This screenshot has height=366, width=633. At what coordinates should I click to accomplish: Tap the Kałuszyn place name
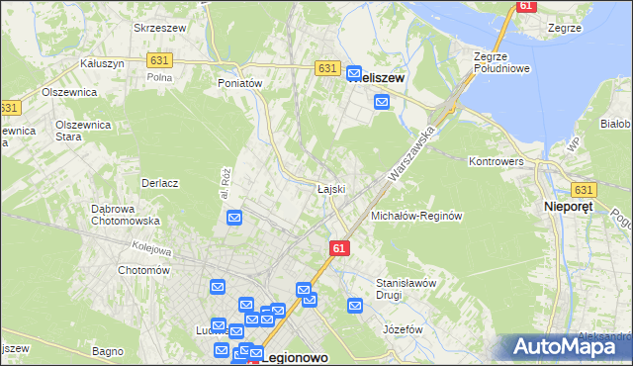pos(102,62)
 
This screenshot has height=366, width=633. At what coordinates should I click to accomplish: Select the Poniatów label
pos(239,84)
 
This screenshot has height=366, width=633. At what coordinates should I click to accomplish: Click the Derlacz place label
pos(159,183)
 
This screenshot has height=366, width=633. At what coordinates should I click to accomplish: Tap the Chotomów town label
pos(144,270)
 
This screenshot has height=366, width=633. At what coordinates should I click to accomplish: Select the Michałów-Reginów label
pos(416,216)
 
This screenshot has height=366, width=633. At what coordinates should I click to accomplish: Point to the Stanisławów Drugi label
pos(407,288)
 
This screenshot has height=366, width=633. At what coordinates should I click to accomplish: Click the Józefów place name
pos(403,328)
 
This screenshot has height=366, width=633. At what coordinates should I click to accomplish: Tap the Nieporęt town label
pos(571,207)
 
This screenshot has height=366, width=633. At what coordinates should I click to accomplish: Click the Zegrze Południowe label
pos(504,62)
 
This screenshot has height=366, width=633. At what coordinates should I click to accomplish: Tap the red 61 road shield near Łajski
pos(339,247)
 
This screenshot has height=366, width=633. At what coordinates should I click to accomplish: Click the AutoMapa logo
pos(566,346)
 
